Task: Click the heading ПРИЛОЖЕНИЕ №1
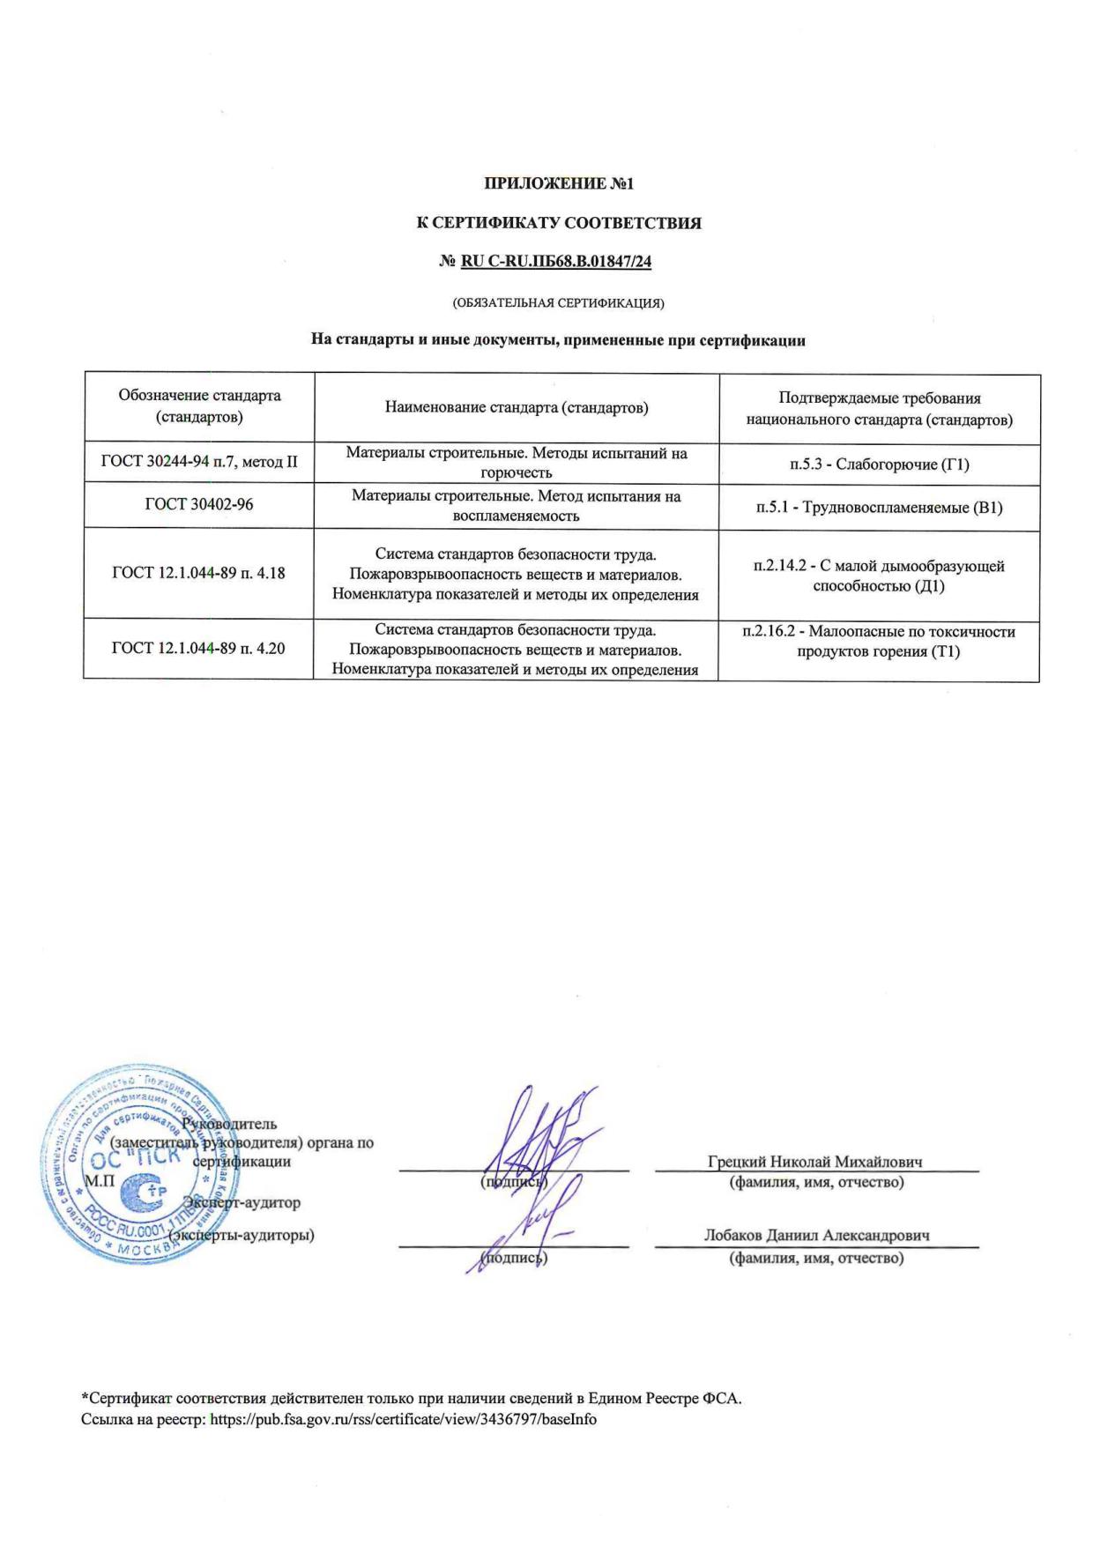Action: click(x=559, y=184)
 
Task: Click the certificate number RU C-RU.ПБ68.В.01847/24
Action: click(x=556, y=261)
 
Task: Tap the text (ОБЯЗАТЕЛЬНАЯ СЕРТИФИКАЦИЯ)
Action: click(x=558, y=303)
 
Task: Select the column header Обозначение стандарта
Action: click(x=199, y=405)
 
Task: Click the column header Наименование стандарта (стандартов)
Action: click(x=517, y=407)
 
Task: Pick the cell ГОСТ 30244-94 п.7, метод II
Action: click(x=199, y=461)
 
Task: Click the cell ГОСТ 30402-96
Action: click(x=199, y=504)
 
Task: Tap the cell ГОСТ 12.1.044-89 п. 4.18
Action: click(x=199, y=573)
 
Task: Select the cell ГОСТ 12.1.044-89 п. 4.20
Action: click(x=199, y=649)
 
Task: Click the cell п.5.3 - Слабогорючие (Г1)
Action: click(x=879, y=464)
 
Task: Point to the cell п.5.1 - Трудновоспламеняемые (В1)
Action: click(x=879, y=508)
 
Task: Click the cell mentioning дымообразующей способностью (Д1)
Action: click(x=879, y=576)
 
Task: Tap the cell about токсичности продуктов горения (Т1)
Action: click(x=879, y=642)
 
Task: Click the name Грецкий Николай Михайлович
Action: click(x=815, y=1162)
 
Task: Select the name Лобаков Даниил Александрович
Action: click(x=816, y=1236)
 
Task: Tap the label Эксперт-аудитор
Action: click(x=242, y=1202)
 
